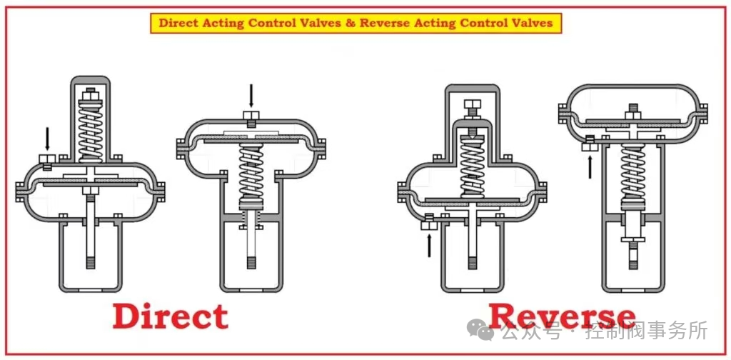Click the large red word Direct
(x=170, y=316)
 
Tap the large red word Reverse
(x=562, y=316)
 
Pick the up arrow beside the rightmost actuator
(x=590, y=166)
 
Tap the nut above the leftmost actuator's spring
(x=90, y=96)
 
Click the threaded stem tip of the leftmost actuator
(x=90, y=261)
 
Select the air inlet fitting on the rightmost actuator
(x=590, y=143)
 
